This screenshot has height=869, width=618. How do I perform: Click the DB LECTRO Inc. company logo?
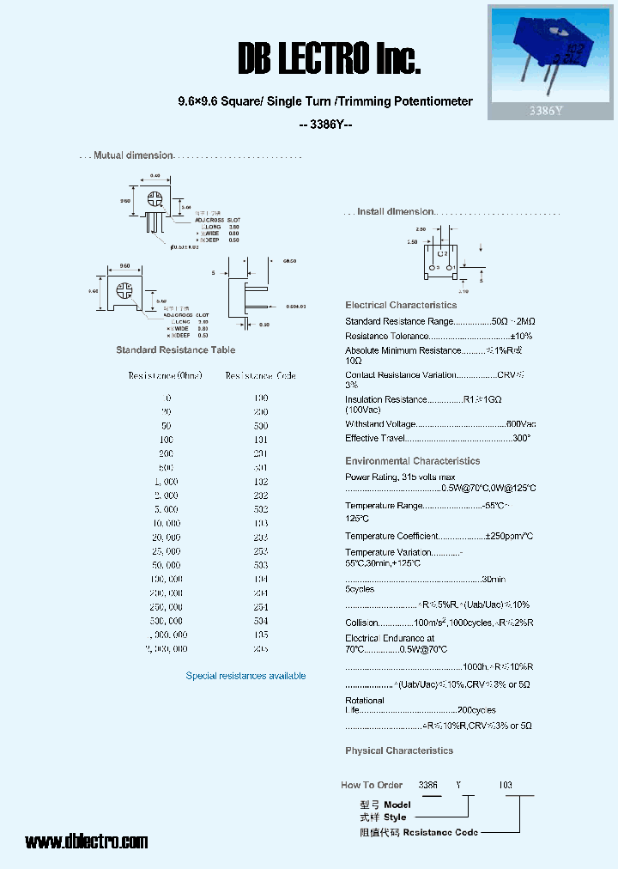pos(329,59)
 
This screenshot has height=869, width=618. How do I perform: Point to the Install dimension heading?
pos(396,211)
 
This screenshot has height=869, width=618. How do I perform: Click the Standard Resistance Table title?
pos(175,350)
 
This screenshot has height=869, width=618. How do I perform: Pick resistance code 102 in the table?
pos(261,482)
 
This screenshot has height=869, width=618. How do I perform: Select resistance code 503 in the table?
pos(261,565)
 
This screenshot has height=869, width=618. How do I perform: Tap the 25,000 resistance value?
pos(166,551)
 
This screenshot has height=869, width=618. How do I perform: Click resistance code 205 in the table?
pos(261,649)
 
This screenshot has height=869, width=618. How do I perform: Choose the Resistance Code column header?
pos(261,376)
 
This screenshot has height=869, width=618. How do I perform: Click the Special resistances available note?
pos(245,676)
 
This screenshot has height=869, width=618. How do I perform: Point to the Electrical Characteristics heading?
pos(401,305)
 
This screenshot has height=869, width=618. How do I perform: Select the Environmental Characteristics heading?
pos(412,461)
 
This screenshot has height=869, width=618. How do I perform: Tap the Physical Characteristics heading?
pos(399,750)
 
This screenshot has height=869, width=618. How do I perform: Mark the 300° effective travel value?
pos(521,438)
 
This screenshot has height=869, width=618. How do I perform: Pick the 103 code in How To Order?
pos(506,785)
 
